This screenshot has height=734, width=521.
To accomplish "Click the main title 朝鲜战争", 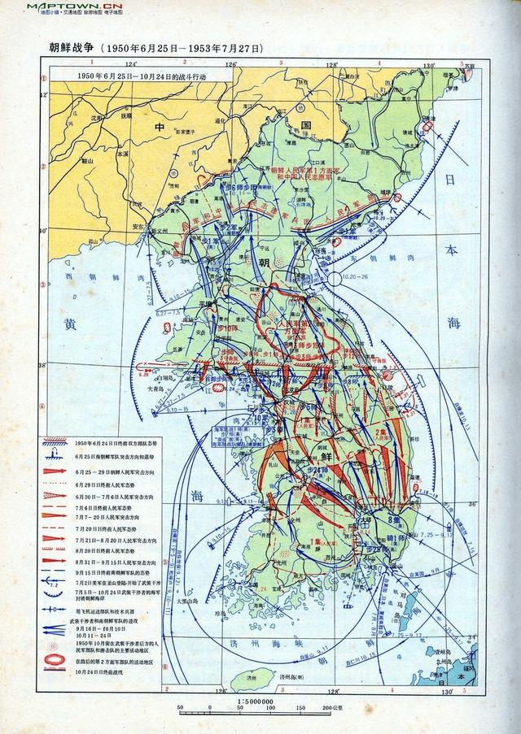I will (x=70, y=48).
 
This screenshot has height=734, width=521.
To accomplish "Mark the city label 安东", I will (x=139, y=227).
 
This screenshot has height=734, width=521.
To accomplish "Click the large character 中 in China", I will (x=160, y=127).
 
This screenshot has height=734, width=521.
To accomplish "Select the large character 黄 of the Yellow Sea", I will (x=71, y=324).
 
